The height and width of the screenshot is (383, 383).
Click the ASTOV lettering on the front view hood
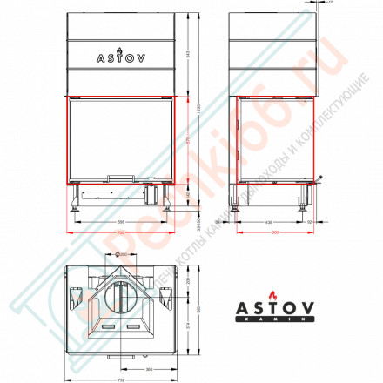coord(121,58)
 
